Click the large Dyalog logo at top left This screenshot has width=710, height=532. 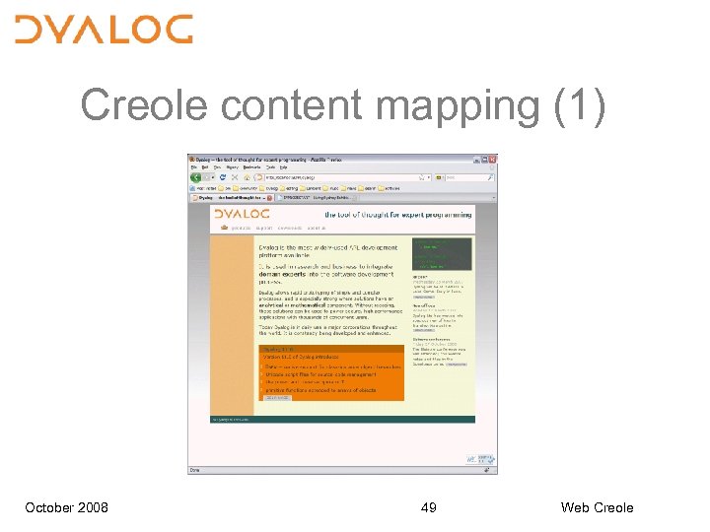click(104, 30)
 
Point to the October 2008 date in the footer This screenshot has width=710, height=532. click(67, 507)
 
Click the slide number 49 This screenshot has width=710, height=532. click(429, 507)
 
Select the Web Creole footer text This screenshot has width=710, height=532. click(597, 507)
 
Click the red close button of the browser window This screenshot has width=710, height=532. click(492, 159)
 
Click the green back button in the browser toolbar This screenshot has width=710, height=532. click(196, 177)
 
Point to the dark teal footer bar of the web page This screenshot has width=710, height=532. click(340, 420)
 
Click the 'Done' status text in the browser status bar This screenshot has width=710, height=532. click(196, 470)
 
